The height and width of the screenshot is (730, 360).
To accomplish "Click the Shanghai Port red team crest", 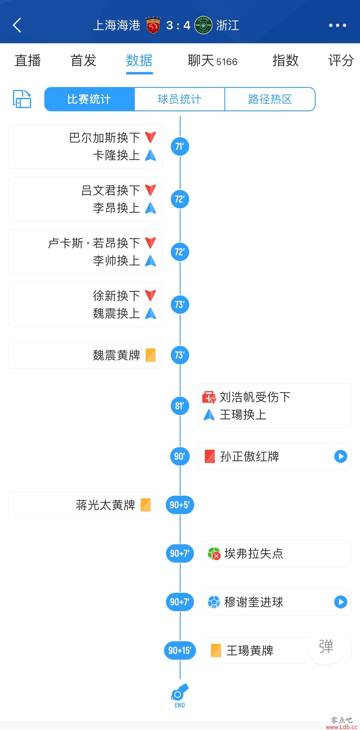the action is [153, 25].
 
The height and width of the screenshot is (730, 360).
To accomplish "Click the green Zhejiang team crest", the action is [203, 25].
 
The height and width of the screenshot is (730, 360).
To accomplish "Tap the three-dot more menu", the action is [337, 25].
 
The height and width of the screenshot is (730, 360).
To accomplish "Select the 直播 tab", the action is [28, 61].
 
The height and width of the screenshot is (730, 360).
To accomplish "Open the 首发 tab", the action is [83, 61].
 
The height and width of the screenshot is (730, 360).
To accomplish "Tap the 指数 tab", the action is [285, 61].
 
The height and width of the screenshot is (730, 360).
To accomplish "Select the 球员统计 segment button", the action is [179, 99].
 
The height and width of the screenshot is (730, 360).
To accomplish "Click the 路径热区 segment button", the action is [270, 99].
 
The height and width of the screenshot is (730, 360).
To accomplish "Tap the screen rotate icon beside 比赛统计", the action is [22, 99].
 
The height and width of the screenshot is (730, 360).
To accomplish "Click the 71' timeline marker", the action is [180, 146].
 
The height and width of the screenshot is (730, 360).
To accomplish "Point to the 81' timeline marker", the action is [180, 406].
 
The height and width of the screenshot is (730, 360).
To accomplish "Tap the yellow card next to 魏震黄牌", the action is [150, 355].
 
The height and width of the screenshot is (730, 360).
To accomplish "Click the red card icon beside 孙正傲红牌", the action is [210, 456].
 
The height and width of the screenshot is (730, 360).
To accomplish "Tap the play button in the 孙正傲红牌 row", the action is [340, 456].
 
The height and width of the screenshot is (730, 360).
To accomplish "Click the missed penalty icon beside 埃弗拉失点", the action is [214, 553].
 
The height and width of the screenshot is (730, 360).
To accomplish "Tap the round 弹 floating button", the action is [326, 646].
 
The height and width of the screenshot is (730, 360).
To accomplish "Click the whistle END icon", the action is [180, 696].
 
